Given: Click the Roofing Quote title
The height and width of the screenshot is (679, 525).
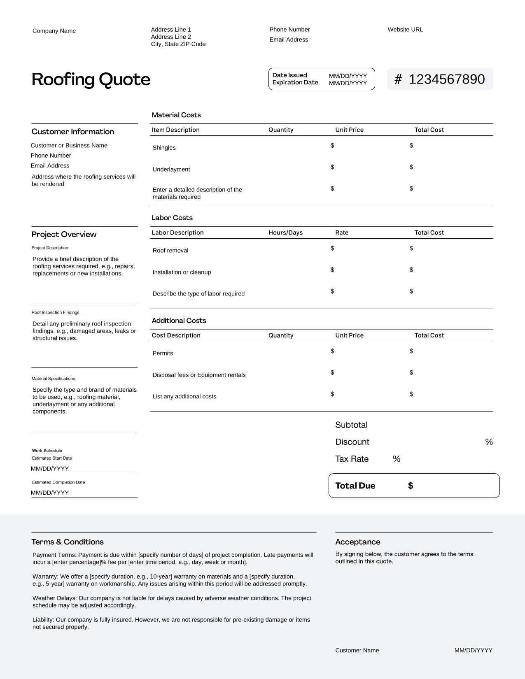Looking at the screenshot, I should pyautogui.click(x=91, y=79).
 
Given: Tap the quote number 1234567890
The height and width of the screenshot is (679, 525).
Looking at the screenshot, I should pyautogui.click(x=446, y=79).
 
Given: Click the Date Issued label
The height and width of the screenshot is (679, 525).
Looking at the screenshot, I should pyautogui.click(x=289, y=75).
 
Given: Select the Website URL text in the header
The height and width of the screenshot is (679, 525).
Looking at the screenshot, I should pyautogui.click(x=405, y=30).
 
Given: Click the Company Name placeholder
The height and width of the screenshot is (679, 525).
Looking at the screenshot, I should pyautogui.click(x=54, y=31).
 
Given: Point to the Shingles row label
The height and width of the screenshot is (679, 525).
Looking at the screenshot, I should pyautogui.click(x=164, y=148).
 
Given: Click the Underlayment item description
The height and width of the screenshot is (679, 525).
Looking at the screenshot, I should pyautogui.click(x=171, y=170).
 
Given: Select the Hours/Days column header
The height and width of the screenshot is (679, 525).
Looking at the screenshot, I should pyautogui.click(x=285, y=233).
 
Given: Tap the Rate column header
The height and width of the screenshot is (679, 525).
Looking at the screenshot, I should pyautogui.click(x=342, y=233).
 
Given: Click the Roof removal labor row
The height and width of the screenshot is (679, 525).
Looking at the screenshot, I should pyautogui.click(x=170, y=251).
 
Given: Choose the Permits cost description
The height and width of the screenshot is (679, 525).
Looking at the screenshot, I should pyautogui.click(x=163, y=353).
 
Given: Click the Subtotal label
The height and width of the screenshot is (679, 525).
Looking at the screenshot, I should pyautogui.click(x=351, y=425).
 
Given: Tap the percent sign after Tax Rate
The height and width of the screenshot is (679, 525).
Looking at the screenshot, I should pyautogui.click(x=397, y=459).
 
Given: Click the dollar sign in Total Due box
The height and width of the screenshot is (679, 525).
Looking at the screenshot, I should pyautogui.click(x=411, y=486).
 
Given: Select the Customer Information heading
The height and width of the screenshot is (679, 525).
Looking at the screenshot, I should pyautogui.click(x=72, y=132).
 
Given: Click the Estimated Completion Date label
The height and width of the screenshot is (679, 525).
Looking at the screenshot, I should pyautogui.click(x=58, y=482).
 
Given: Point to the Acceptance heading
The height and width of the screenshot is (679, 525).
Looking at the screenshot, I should pyautogui.click(x=357, y=542).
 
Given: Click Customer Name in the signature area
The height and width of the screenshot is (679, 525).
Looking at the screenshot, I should pyautogui.click(x=357, y=651).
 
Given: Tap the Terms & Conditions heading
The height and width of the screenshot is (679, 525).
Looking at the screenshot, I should pyautogui.click(x=68, y=542).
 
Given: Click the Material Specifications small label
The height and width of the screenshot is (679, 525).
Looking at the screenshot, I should pyautogui.click(x=53, y=379).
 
